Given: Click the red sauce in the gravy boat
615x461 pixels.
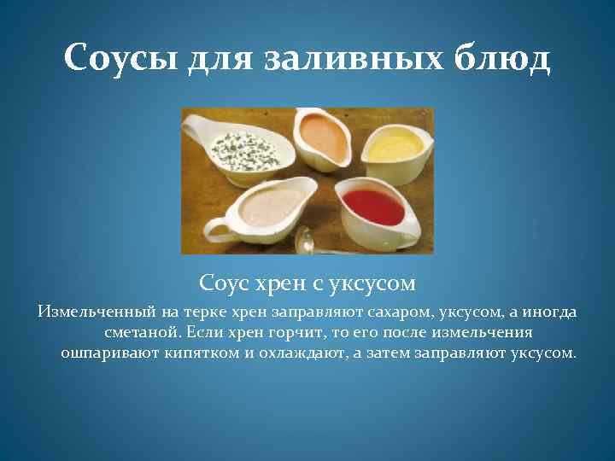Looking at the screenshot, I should (x=373, y=206).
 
